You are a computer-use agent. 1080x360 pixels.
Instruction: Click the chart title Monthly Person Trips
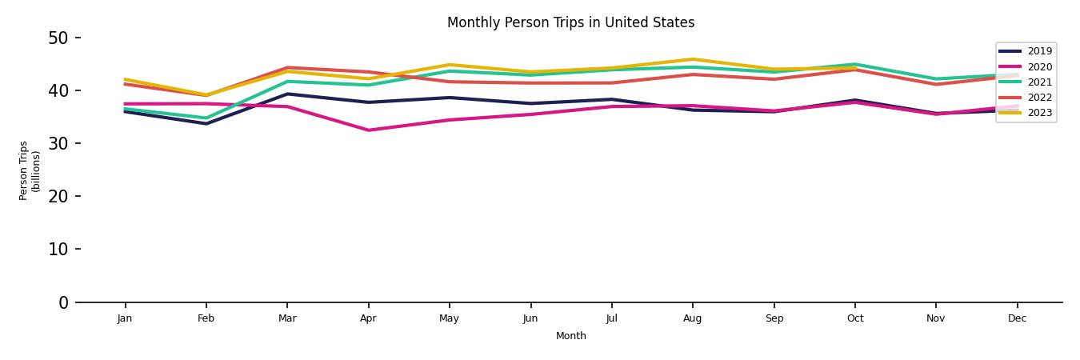[570, 22]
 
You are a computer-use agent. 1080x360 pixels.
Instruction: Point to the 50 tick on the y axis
[61, 38]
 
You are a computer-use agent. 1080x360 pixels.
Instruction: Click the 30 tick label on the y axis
[61, 143]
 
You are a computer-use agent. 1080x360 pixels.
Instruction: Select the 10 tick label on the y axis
[61, 249]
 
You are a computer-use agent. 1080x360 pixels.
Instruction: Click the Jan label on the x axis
[125, 318]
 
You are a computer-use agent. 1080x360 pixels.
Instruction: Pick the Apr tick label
[368, 318]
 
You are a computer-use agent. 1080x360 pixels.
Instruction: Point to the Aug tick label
[692, 318]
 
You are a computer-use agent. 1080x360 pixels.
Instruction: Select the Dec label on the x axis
[1017, 318]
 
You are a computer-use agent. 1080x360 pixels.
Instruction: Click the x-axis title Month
[571, 336]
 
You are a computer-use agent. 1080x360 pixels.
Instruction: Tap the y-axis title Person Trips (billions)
[30, 170]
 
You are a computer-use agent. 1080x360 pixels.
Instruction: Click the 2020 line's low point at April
[368, 130]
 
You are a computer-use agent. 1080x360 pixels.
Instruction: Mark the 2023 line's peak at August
[692, 59]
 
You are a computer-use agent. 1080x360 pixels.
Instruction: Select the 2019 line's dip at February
[206, 123]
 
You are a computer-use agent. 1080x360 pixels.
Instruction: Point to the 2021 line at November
[935, 79]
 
